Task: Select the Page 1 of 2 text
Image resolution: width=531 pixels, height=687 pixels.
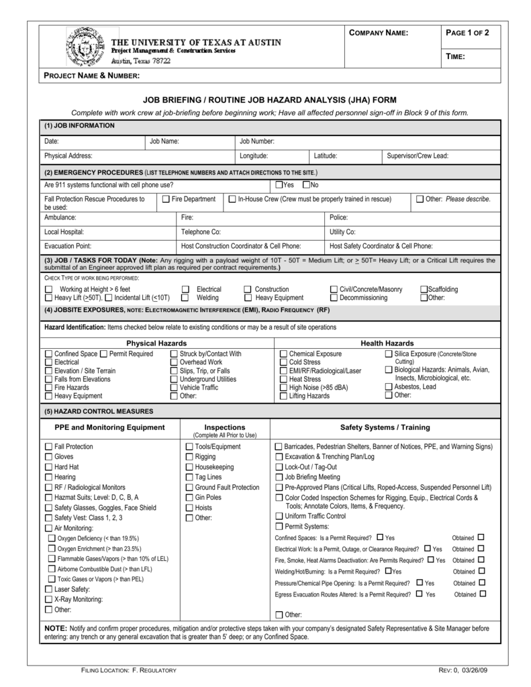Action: [x=467, y=33]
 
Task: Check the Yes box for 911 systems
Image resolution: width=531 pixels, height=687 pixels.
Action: [x=279, y=184]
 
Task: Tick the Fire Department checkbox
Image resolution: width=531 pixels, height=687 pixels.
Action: [x=166, y=199]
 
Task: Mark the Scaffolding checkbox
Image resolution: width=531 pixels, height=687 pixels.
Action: [x=424, y=289]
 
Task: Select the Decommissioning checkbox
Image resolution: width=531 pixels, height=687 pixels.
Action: [x=334, y=297]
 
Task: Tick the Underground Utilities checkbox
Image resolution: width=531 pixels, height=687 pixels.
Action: [x=174, y=379]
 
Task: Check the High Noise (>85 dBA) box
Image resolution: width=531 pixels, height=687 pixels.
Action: [x=283, y=388]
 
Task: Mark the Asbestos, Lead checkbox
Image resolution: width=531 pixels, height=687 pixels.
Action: [x=389, y=386]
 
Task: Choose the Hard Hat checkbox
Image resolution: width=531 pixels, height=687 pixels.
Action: [x=48, y=467]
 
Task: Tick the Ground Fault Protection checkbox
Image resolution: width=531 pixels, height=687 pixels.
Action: [x=189, y=487]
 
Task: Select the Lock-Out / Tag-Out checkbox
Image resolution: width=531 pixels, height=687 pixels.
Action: [x=279, y=466]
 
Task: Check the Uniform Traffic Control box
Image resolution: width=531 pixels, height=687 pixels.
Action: [x=279, y=516]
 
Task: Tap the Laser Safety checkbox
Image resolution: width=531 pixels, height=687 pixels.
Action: [x=48, y=588]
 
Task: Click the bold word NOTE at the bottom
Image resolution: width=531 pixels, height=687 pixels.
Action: [x=55, y=629]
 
